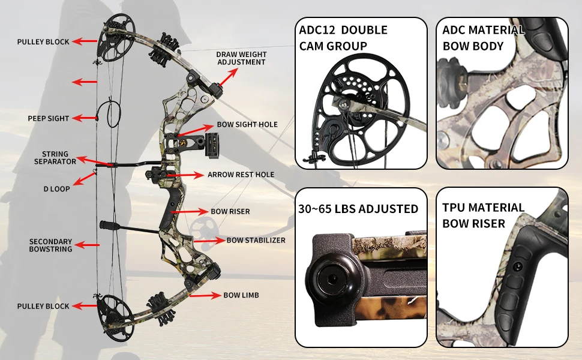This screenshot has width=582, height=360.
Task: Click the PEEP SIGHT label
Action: pyautogui.click(x=49, y=119)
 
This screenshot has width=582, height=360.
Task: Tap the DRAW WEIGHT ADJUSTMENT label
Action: pyautogui.click(x=241, y=58)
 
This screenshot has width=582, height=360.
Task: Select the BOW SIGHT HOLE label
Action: pyautogui.click(x=247, y=125)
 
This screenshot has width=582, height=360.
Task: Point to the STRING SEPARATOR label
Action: pyautogui.click(x=55, y=158)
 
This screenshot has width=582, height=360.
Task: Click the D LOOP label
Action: pyautogui.click(x=57, y=189)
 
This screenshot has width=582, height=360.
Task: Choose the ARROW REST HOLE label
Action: pyautogui.click(x=241, y=175)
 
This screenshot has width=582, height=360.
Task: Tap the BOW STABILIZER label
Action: pyautogui.click(x=256, y=241)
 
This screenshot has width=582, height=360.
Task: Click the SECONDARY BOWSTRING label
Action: pyautogui.click(x=51, y=245)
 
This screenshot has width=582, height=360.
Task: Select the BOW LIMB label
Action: pyautogui.click(x=241, y=295)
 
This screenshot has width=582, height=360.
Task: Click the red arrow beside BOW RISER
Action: pyautogui.click(x=190, y=212)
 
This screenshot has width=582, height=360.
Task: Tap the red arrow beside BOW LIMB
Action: pyautogui.click(x=205, y=295)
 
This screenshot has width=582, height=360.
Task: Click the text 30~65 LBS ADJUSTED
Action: pyautogui.click(x=358, y=209)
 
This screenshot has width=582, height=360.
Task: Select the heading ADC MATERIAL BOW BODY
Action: pyautogui.click(x=483, y=38)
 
